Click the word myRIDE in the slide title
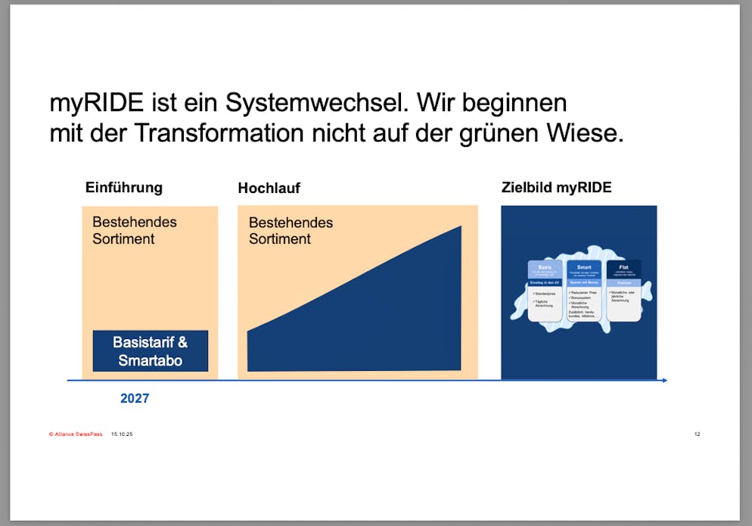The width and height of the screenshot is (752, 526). click(97, 102)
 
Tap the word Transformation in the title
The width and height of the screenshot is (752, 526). click(219, 133)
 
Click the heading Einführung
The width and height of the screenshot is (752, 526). click(123, 188)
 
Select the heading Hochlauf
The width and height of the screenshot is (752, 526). click(269, 188)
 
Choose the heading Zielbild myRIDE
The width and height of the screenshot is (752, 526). click(556, 188)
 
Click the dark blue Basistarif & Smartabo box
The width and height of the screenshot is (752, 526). click(150, 351)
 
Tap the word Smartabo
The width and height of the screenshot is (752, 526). click(150, 360)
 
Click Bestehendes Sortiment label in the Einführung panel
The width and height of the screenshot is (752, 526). click(134, 230)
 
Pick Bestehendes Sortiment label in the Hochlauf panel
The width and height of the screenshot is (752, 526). click(291, 230)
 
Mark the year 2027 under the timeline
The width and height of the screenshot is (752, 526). click(135, 398)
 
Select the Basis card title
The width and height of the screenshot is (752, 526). click(545, 267)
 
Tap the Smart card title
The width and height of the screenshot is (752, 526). click(584, 267)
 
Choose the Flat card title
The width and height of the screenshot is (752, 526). click(623, 267)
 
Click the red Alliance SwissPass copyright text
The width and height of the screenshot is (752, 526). click(76, 434)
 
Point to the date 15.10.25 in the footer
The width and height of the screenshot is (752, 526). click(122, 434)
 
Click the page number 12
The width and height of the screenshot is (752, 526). click(697, 434)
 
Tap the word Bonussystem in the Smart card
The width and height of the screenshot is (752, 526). click(586, 297)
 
